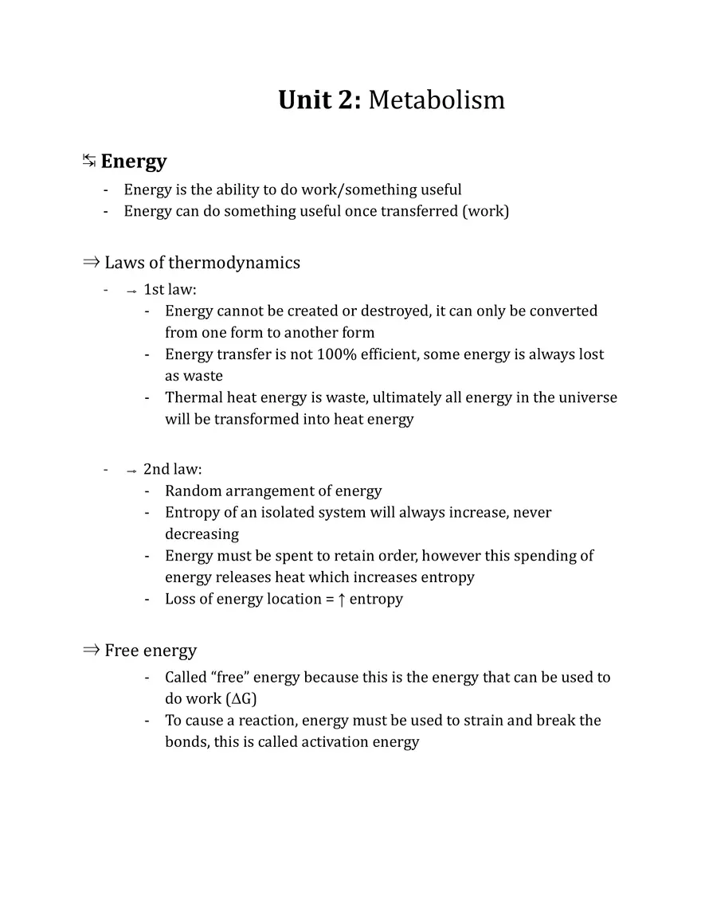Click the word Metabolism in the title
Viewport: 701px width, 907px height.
pos(437,100)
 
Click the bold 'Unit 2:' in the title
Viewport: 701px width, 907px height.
pos(319,100)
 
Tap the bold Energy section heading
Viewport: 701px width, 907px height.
pos(134,162)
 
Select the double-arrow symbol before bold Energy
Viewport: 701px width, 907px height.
pos(89,162)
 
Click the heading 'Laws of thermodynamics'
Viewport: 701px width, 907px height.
pos(202,263)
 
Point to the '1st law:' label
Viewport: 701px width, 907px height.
pos(170,290)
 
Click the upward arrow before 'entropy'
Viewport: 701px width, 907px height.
pos(342,600)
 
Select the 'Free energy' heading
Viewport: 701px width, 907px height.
pos(151,651)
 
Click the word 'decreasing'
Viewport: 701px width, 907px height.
pos(202,534)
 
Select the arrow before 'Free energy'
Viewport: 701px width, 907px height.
pos(90,651)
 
